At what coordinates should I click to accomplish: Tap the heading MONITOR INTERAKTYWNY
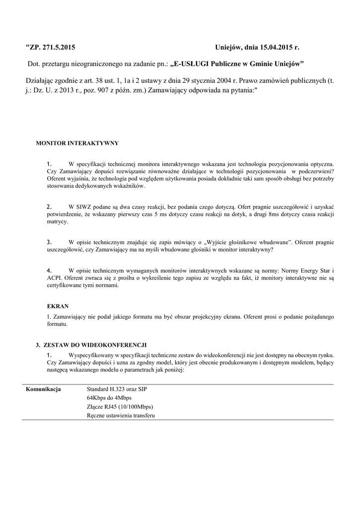(x=77, y=143)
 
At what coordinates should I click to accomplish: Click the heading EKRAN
(x=58, y=306)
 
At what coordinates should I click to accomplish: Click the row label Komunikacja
(x=44, y=389)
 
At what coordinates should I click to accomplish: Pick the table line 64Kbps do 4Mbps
(x=109, y=398)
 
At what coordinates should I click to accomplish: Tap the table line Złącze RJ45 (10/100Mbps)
(x=120, y=407)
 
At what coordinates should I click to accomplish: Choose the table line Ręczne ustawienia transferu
(x=121, y=416)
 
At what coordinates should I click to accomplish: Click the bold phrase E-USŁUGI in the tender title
(x=191, y=64)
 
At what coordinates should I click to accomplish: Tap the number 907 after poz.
(x=118, y=92)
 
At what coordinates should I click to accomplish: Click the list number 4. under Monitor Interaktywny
(x=49, y=270)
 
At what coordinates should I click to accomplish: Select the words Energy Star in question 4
(x=312, y=271)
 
